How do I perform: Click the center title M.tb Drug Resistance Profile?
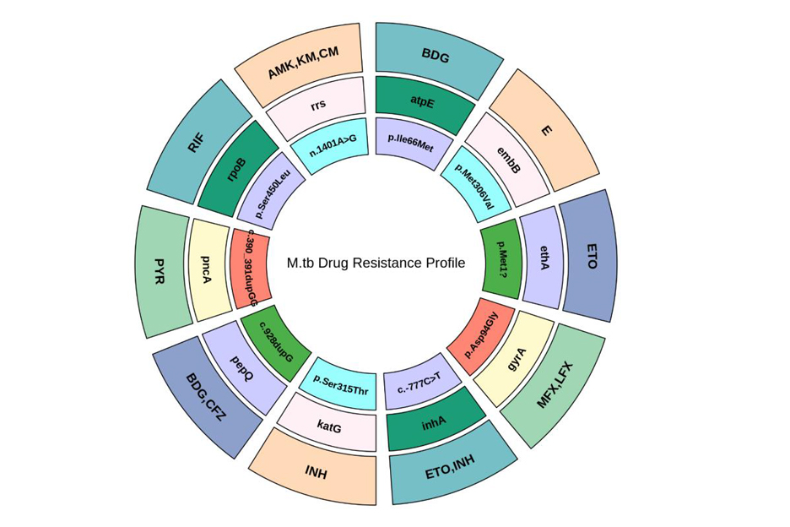pos(376,263)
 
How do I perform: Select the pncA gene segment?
pos(207,269)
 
